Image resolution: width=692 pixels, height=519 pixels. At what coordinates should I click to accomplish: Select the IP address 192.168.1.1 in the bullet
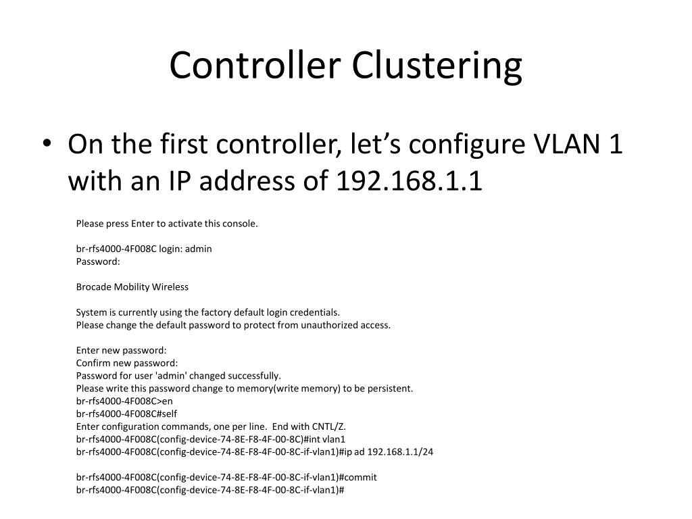point(410,181)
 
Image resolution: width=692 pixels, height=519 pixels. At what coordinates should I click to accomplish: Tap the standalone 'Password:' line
point(98,261)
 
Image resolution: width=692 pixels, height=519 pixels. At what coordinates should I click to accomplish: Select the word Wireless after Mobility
point(170,287)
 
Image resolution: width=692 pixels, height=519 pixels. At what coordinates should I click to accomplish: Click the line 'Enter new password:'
point(121,350)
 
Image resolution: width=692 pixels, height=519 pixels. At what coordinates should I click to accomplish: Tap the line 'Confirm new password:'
point(127,363)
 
